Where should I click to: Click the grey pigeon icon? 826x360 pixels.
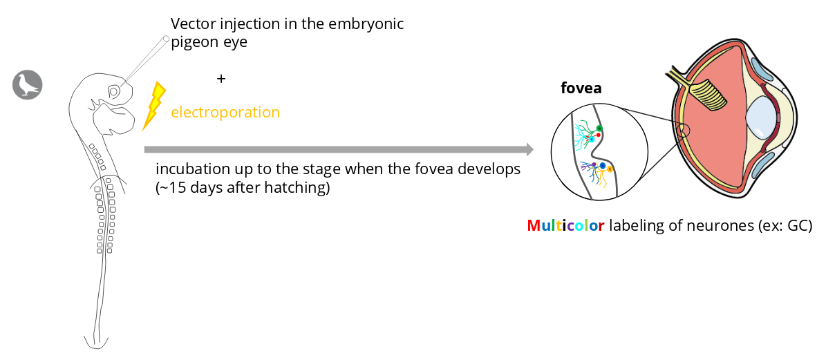pyautogui.click(x=28, y=84)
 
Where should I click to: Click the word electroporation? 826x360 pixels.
pyautogui.click(x=225, y=113)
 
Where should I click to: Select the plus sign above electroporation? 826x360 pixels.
pyautogui.click(x=220, y=79)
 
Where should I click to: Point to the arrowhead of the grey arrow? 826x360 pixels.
pyautogui.click(x=529, y=149)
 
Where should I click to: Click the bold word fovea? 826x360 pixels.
pyautogui.click(x=581, y=88)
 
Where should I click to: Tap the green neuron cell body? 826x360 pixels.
pyautogui.click(x=599, y=129)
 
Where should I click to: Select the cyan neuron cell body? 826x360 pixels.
pyautogui.click(x=592, y=140)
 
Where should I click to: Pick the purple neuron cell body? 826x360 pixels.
pyautogui.click(x=594, y=164)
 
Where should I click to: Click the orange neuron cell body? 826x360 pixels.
pyautogui.click(x=610, y=169)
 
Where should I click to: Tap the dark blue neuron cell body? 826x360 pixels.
pyautogui.click(x=603, y=166)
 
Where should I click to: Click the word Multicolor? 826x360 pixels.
pyautogui.click(x=565, y=226)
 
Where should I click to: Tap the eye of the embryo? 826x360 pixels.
pyautogui.click(x=113, y=92)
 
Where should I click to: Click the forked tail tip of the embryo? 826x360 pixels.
pyautogui.click(x=96, y=343)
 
